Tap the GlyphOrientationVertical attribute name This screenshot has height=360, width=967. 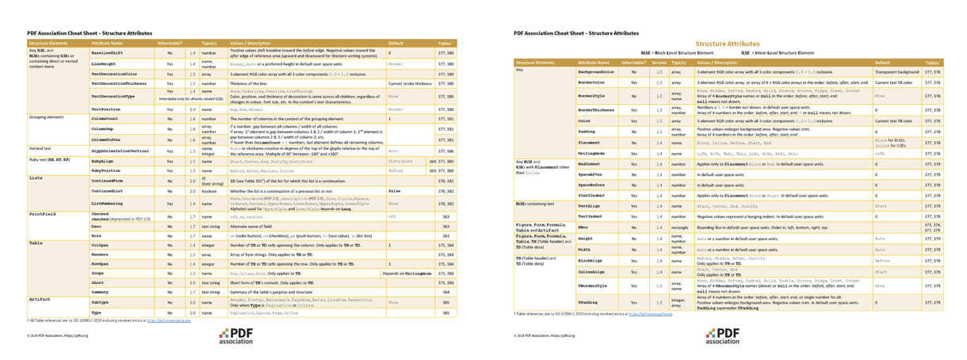coord(120,150)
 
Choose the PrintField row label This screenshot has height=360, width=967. coord(44,214)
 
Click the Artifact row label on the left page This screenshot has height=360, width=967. coord(40,300)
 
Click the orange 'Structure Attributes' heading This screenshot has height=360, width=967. coord(727,44)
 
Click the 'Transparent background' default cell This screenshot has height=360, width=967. coord(896,71)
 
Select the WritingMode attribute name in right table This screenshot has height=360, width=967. coord(591,153)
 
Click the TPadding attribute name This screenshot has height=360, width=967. coord(588,302)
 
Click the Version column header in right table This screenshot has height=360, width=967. coord(659,62)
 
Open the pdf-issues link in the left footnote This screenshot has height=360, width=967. coord(174,320)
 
